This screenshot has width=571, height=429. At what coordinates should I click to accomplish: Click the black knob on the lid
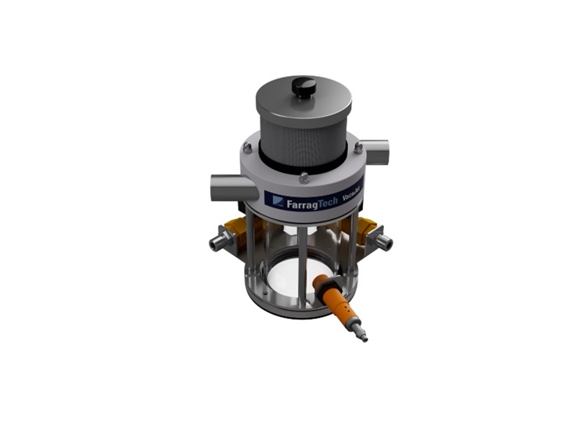[305, 88]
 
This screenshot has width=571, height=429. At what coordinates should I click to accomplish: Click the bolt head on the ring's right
[357, 146]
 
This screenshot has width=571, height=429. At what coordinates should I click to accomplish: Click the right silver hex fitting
[382, 242]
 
